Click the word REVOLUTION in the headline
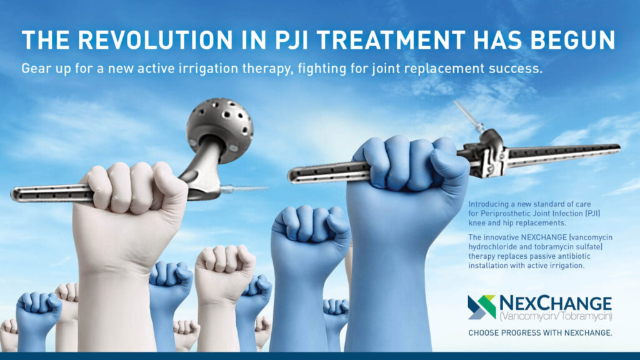[156, 41]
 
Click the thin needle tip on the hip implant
[245, 189]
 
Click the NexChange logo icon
[482, 307]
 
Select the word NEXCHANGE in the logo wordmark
[556, 303]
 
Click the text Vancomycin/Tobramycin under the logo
[556, 316]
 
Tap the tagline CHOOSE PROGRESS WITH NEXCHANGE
[541, 333]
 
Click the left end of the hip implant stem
[12, 194]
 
